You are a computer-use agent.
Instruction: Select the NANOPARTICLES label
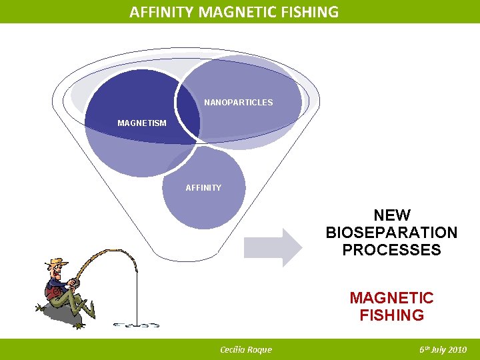(x=238, y=103)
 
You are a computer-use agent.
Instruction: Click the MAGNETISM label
(x=142, y=123)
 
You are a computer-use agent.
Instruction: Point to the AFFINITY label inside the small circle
(x=203, y=188)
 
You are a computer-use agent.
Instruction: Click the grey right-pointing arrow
(x=273, y=247)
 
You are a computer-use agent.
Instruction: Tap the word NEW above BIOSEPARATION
(x=392, y=215)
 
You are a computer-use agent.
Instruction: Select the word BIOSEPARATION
(x=392, y=233)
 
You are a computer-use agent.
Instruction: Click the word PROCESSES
(x=392, y=250)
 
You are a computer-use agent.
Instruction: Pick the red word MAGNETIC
(x=392, y=298)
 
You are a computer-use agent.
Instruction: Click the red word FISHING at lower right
(x=392, y=315)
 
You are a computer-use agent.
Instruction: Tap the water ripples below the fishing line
(x=136, y=325)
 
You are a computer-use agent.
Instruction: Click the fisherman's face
(x=59, y=271)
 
